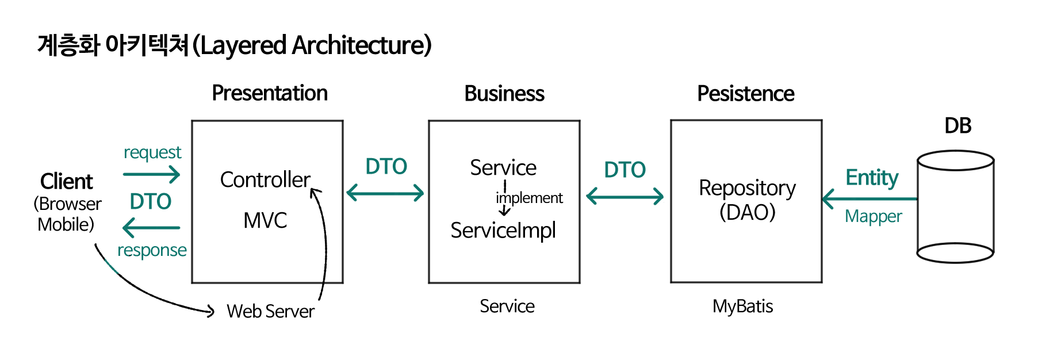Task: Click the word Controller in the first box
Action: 265,180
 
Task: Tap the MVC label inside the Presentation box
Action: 265,220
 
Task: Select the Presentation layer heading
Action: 270,93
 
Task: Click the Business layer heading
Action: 504,94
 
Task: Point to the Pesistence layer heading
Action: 745,94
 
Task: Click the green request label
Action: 152,152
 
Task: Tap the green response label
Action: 152,250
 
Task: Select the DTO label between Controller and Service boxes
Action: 386,167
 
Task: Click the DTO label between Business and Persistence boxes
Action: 625,170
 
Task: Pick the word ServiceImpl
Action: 503,231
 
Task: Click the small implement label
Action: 530,198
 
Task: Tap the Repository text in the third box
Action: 747,188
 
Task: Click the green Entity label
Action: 872,178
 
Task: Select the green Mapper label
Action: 873,216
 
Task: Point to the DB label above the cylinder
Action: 958,125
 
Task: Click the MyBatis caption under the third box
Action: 742,306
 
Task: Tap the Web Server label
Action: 270,311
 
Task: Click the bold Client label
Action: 67,182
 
